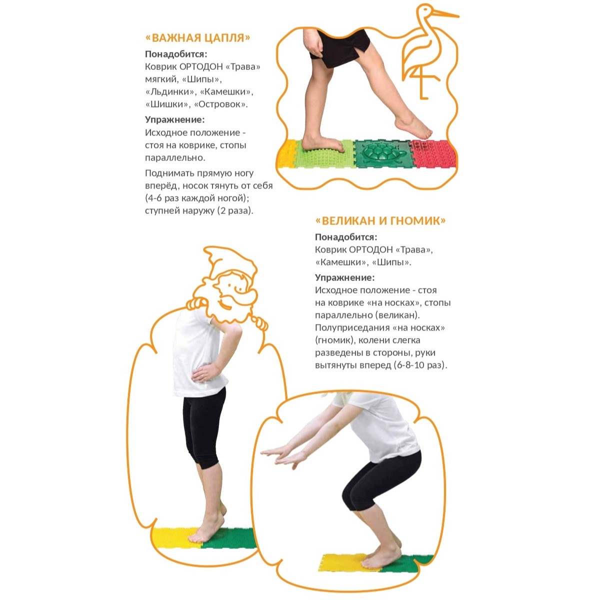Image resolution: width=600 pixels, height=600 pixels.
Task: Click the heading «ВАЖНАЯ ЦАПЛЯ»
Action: tap(197, 37)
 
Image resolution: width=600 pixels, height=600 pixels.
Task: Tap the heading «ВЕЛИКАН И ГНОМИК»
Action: tap(380, 220)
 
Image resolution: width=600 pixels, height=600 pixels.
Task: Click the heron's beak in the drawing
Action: tap(446, 14)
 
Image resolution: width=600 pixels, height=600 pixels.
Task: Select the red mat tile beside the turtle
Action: tap(433, 154)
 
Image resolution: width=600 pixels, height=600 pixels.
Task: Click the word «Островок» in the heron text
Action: tap(220, 104)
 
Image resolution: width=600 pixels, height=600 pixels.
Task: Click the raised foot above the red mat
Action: tap(413, 126)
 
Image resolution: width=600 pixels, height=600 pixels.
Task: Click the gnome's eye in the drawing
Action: tap(230, 285)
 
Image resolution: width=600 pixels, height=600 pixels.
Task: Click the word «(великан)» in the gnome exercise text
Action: tap(397, 315)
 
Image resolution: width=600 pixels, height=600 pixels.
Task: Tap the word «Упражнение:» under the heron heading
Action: tap(175, 119)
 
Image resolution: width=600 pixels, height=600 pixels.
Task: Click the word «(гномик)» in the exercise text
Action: tap(334, 340)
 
